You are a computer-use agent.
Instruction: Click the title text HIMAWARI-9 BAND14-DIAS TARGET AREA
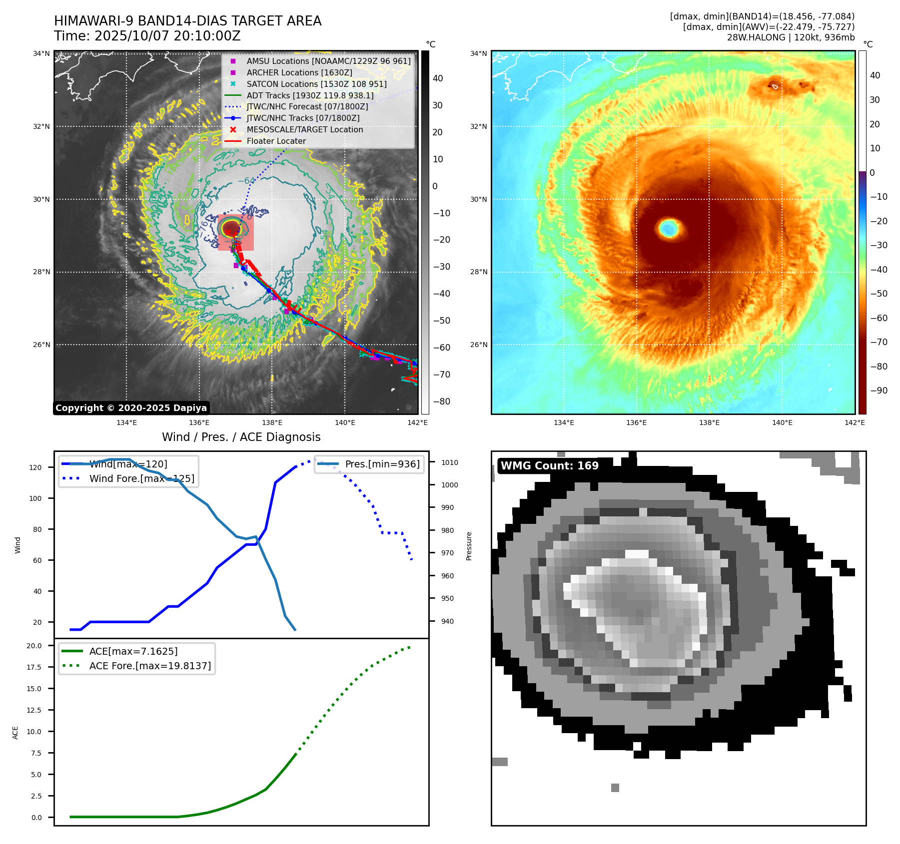[187, 21]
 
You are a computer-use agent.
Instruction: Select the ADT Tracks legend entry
[310, 95]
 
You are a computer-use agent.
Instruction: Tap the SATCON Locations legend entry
[316, 84]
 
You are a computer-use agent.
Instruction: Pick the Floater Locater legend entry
[276, 141]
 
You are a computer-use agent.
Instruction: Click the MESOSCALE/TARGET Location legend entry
[304, 129]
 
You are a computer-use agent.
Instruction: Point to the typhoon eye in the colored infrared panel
[668, 228]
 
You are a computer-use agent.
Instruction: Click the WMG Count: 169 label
[549, 465]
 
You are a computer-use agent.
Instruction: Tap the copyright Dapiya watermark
[131, 408]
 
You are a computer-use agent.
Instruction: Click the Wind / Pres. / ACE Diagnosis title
[241, 437]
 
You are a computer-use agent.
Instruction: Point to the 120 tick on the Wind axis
[35, 467]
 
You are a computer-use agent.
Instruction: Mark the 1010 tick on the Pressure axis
[449, 462]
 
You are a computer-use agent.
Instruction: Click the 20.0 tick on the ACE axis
[34, 646]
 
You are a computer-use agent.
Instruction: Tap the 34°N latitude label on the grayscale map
[41, 53]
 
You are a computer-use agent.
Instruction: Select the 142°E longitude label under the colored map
[854, 422]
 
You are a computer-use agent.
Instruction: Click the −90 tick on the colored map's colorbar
[879, 391]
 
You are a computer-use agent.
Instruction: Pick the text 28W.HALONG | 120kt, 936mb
[791, 37]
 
